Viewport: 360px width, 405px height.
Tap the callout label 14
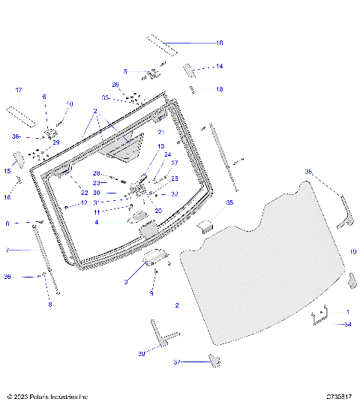click(219, 66)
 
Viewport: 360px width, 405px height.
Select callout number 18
click(219, 89)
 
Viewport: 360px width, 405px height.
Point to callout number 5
click(126, 71)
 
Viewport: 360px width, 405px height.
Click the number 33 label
click(106, 98)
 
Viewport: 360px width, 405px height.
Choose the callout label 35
click(230, 202)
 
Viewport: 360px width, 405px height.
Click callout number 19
click(352, 251)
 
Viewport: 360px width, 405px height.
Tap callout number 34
click(347, 324)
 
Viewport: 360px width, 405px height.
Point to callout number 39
click(141, 353)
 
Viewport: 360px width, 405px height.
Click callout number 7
click(7, 250)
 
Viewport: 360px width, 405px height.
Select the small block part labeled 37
click(214, 361)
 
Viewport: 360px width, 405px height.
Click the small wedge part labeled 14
click(189, 70)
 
